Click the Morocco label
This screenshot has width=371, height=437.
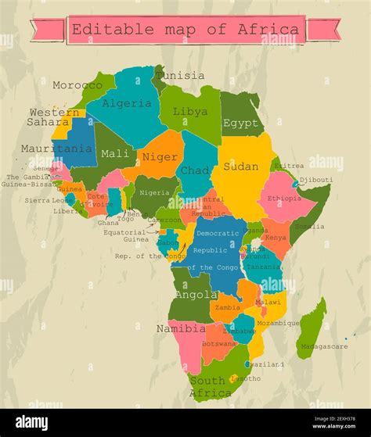click(x=77, y=84)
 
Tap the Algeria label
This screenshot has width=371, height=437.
click(x=126, y=103)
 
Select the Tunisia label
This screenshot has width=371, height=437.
click(x=180, y=76)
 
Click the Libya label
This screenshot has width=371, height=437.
click(x=190, y=112)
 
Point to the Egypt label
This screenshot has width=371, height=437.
click(x=240, y=123)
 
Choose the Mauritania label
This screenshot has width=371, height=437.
click(x=56, y=149)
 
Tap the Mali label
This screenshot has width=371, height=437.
click(x=116, y=153)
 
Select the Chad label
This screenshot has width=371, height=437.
click(x=194, y=170)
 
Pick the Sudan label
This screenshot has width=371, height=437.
click(x=240, y=167)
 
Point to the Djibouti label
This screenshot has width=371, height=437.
click(x=316, y=180)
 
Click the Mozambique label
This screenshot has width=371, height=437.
click(x=278, y=323)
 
